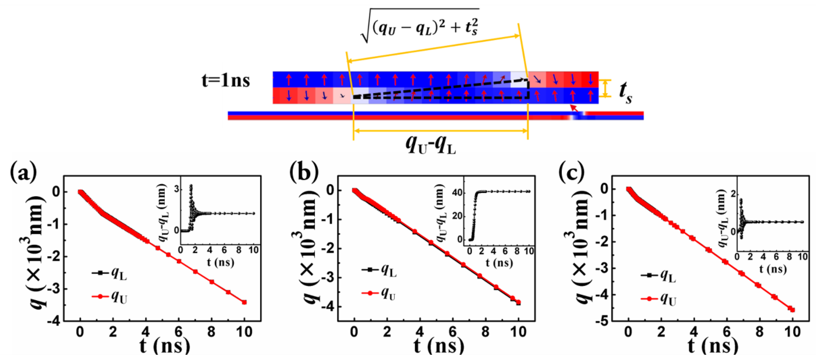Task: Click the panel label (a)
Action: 24,172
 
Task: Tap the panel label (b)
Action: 304,172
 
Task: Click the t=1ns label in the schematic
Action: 225,81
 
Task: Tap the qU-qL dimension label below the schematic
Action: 431,145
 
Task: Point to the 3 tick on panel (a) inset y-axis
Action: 176,189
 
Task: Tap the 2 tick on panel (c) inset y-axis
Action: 732,194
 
